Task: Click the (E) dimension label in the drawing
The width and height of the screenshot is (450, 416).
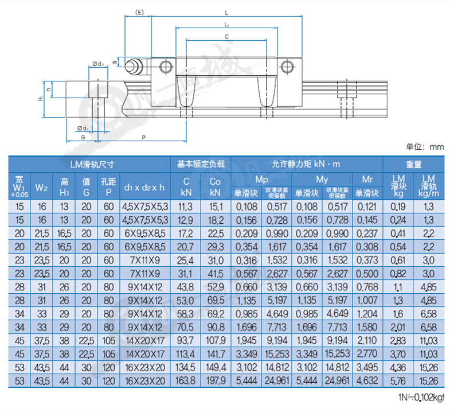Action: (139, 13)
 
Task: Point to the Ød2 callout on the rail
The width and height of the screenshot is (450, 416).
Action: (98, 64)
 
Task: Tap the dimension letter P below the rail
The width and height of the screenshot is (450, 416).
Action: (143, 137)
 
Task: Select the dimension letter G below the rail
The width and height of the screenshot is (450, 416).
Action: (83, 137)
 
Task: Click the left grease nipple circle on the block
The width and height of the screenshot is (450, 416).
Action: (166, 67)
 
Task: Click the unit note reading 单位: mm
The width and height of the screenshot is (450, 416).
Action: (425, 147)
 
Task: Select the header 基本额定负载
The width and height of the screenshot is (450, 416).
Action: (201, 164)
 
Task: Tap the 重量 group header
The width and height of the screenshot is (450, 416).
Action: (413, 164)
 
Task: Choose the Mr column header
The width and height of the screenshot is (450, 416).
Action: (367, 179)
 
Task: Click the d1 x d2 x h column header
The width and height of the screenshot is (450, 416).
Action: (144, 188)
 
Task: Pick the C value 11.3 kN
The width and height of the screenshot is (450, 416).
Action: (185, 207)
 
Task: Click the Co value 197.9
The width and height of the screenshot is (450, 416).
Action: (216, 381)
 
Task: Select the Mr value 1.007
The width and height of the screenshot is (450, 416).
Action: (367, 301)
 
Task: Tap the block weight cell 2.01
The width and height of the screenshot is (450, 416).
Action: (398, 327)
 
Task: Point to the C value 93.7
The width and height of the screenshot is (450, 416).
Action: (185, 341)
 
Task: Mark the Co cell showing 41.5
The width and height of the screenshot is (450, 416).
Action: (216, 274)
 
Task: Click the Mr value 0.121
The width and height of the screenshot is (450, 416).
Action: (367, 207)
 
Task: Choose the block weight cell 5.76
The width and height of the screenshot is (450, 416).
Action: (398, 381)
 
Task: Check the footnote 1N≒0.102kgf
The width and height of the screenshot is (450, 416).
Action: (421, 397)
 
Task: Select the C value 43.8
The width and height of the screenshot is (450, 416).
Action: (185, 287)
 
